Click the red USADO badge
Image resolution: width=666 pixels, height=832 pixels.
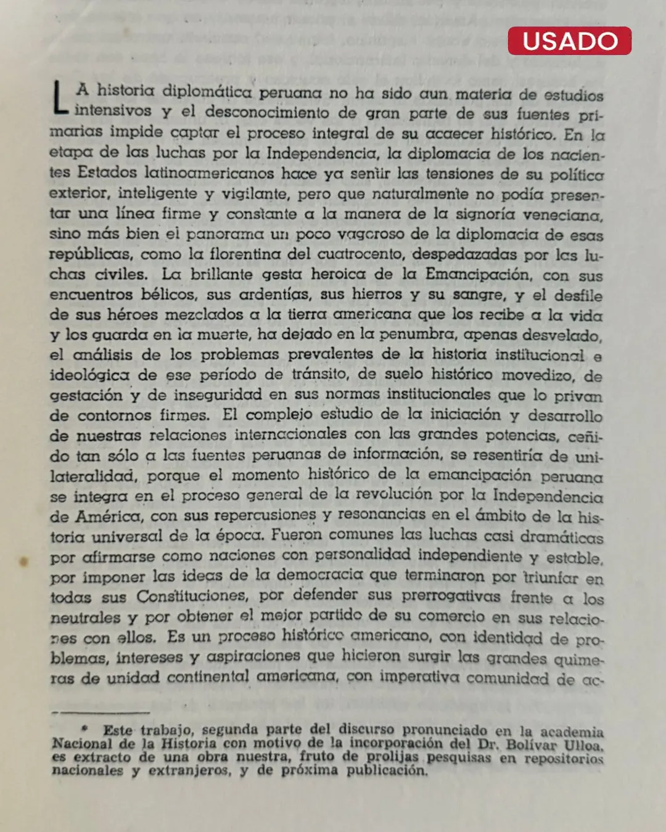tap(569, 41)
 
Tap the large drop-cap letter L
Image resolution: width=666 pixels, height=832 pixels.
tap(60, 98)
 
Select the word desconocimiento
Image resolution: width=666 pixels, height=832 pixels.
tap(267, 112)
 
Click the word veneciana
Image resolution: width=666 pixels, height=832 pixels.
tap(562, 215)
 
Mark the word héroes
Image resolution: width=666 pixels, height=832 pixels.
tap(132, 314)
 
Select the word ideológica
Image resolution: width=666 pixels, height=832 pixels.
tap(89, 375)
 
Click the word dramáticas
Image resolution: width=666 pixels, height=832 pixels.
tap(561, 536)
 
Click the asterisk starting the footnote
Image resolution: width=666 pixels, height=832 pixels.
tap(85, 728)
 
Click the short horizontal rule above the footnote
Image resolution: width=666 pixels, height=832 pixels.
tap(101, 712)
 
